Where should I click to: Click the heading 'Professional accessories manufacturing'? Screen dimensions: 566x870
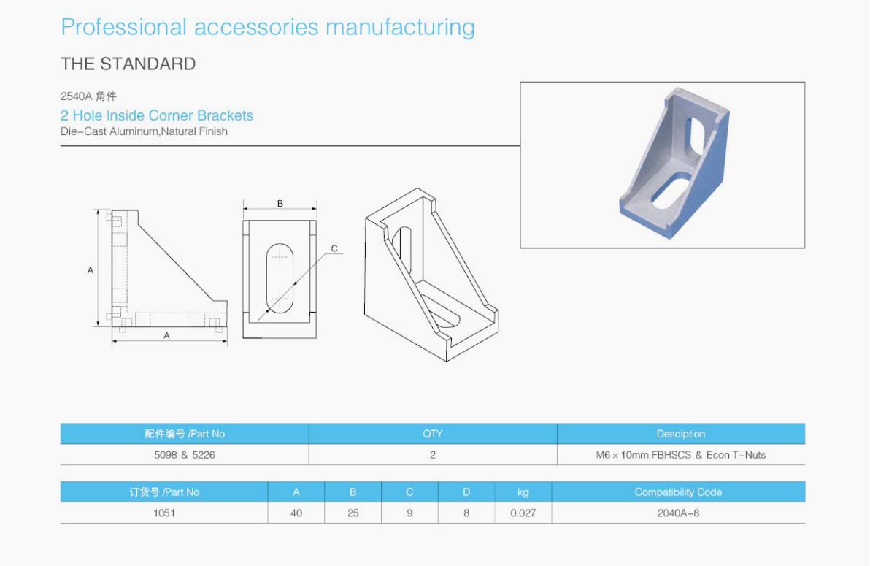coord(268,27)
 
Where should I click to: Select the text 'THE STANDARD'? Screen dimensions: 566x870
coord(128,64)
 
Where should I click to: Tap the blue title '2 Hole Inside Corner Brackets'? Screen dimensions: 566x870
coord(157,115)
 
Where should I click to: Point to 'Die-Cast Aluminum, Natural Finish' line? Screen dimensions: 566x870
coord(144,131)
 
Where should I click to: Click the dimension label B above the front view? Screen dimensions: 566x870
coord(280,204)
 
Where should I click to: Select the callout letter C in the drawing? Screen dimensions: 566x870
coord(334,248)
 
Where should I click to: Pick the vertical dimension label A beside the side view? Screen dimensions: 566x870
coord(91,270)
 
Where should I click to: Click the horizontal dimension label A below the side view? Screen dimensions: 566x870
coord(167,336)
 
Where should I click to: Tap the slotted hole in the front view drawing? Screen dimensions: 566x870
coord(280,278)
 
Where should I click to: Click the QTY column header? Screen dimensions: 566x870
coord(433,434)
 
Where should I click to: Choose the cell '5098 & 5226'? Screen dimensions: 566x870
coord(185,455)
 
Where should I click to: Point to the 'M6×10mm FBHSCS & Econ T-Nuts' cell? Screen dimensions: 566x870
coord(681,455)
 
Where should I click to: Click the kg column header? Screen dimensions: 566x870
coord(523,492)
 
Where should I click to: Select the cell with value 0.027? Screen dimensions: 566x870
coord(523,513)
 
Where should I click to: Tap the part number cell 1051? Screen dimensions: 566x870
coord(164,513)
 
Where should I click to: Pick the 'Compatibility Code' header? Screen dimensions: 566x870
coord(678,492)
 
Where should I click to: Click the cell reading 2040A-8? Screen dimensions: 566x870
coord(678,513)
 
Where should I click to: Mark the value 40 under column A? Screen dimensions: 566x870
coord(296,513)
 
